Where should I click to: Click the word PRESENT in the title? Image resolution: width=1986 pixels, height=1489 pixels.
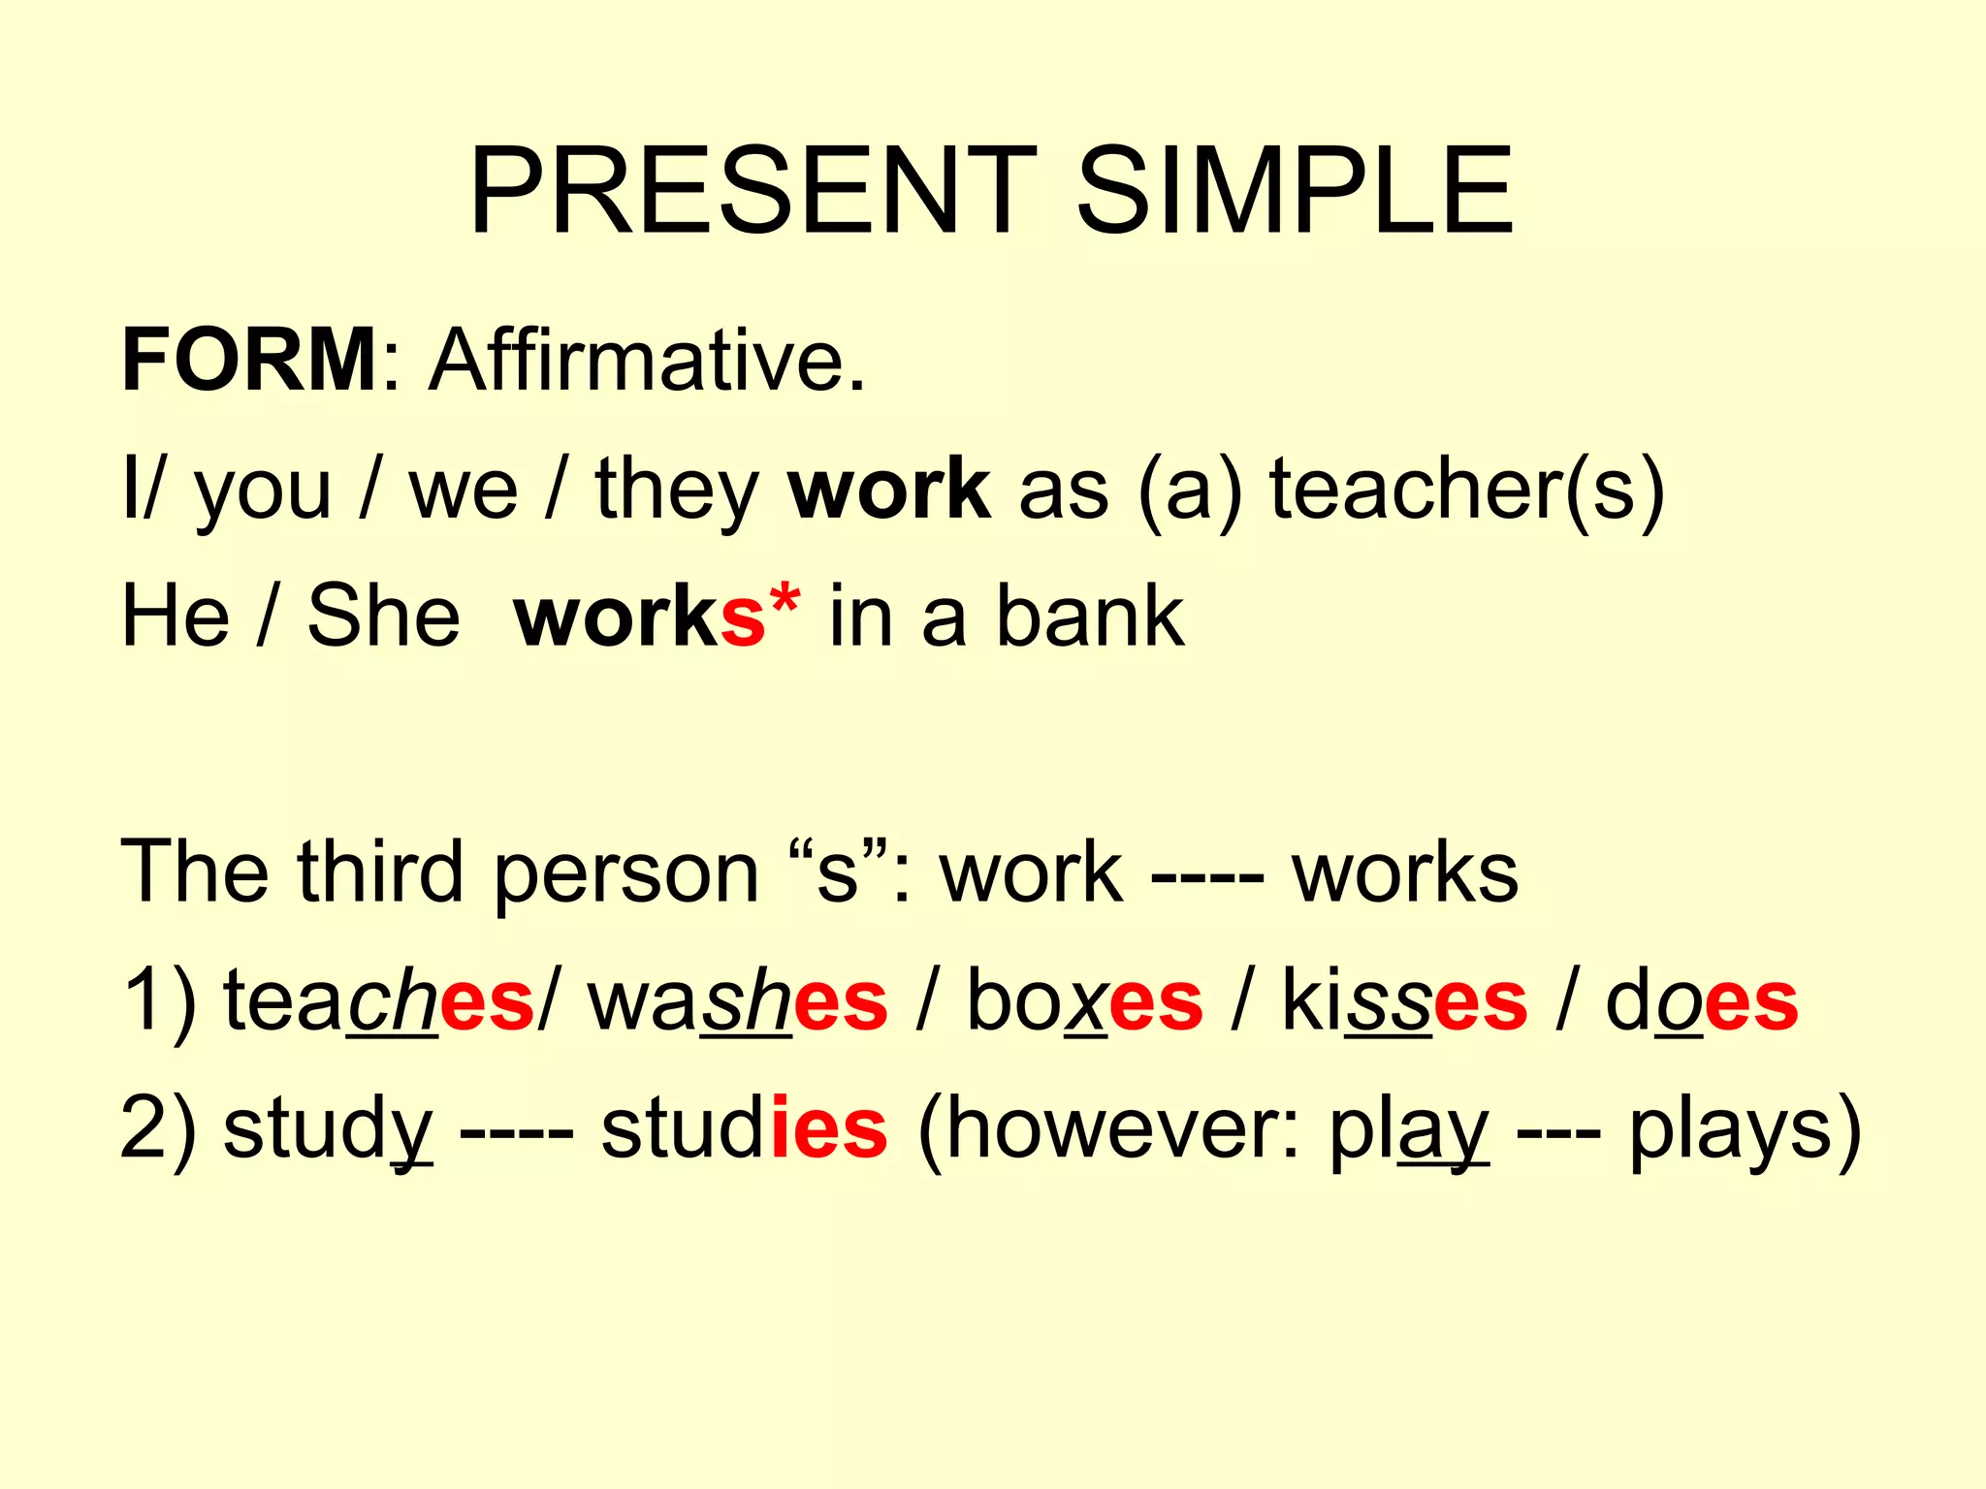point(752,191)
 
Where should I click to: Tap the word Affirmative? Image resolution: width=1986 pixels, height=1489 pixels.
point(647,360)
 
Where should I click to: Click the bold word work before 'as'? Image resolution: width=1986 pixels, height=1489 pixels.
point(889,490)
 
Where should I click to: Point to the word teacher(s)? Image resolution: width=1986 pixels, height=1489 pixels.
point(1467,490)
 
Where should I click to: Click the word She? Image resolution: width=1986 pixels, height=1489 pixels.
point(384,618)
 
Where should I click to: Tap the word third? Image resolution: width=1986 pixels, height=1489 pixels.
point(380,871)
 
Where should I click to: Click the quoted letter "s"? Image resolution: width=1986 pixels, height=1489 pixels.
point(838,871)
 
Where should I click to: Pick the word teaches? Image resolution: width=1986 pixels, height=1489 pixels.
point(378,1001)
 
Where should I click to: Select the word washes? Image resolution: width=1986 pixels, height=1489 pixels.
point(737,1001)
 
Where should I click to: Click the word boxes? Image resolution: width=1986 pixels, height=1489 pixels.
point(1084,1001)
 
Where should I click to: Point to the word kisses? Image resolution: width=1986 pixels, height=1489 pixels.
point(1404,1001)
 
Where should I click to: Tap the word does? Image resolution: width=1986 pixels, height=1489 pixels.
point(1702,1001)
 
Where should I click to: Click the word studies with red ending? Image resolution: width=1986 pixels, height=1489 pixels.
point(744,1129)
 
